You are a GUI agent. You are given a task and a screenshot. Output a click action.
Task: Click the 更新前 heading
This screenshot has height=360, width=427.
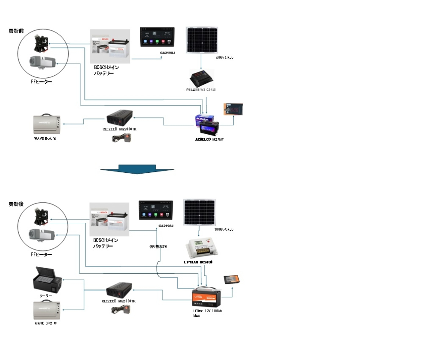(x=16, y=31)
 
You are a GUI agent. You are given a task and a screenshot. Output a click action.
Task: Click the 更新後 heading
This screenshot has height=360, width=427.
(x=16, y=204)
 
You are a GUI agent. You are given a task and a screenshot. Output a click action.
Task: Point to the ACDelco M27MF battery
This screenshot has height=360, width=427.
(x=208, y=125)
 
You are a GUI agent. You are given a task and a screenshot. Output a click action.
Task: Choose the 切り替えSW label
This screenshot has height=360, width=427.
(x=158, y=247)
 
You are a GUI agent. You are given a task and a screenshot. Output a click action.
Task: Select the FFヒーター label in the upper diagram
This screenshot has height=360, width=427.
(x=41, y=82)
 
